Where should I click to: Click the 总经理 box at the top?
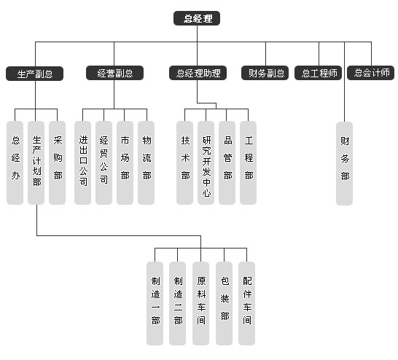[x=197, y=18]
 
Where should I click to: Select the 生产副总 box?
[x=34, y=74]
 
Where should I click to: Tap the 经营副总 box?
[x=114, y=73]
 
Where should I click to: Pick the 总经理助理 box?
[x=198, y=73]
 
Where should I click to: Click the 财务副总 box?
[x=265, y=73]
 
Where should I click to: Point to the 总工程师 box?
[x=319, y=73]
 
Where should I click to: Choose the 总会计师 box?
[x=371, y=73]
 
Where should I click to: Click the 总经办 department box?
[x=15, y=163]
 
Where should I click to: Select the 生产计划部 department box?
[x=36, y=163]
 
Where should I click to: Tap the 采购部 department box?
[x=57, y=163]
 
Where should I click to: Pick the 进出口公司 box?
[x=83, y=163]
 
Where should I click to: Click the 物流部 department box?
[x=147, y=163]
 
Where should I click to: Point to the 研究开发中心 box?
[x=206, y=163]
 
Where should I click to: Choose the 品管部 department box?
[x=227, y=163]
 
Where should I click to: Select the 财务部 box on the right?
[x=345, y=163]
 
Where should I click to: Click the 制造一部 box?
[x=155, y=303]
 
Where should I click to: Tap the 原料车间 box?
[x=200, y=303]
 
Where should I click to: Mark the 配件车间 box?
[x=246, y=303]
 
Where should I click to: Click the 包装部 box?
[x=224, y=303]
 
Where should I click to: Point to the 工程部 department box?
[x=249, y=163]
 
